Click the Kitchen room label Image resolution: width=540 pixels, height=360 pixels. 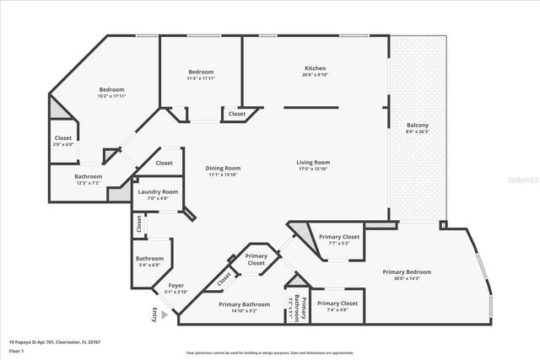(x=315, y=68)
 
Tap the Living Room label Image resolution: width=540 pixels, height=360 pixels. (x=312, y=163)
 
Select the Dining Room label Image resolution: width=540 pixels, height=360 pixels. (x=223, y=168)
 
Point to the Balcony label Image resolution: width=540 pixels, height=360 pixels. (x=418, y=126)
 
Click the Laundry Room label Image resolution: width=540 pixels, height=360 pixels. (x=158, y=192)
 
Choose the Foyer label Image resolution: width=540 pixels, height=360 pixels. (x=176, y=286)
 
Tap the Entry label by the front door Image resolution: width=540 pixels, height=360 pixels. (x=154, y=315)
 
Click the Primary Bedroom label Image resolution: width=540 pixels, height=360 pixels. (x=407, y=271)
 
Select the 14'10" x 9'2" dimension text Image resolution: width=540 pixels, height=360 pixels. (x=244, y=311)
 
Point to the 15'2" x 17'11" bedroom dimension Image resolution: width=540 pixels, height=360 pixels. (x=112, y=97)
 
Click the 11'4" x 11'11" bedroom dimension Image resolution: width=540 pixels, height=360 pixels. (x=201, y=78)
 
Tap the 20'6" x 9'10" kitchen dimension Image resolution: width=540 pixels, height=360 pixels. (x=315, y=76)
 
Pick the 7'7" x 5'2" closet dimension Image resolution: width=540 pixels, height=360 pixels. (x=339, y=244)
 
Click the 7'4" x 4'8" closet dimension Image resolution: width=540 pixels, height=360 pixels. (x=338, y=309)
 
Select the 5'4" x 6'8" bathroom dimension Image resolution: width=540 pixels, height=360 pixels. (x=149, y=265)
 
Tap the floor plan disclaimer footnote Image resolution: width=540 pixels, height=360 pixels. (x=270, y=352)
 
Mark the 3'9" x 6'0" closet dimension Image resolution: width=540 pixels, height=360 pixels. (x=63, y=144)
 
